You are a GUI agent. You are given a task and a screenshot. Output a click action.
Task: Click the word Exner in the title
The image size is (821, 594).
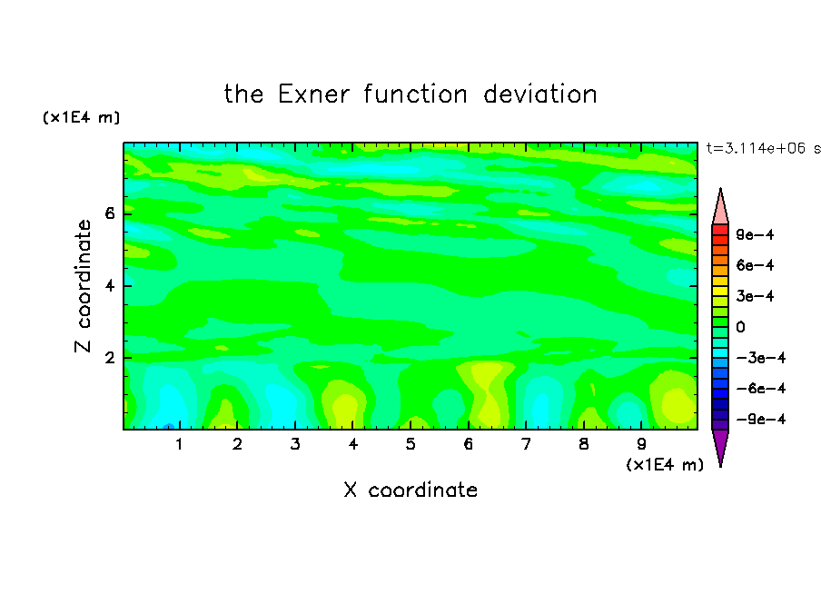tap(313, 94)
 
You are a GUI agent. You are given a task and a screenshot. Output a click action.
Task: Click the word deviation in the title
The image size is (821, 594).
tap(540, 94)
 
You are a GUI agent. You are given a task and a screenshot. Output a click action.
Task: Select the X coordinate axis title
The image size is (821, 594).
tap(410, 490)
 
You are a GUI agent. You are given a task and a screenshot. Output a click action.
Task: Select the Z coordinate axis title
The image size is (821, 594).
tap(84, 286)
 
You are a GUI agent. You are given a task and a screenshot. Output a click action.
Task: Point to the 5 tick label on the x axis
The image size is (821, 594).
tap(410, 444)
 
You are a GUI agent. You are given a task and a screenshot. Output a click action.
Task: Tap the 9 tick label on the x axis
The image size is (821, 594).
tap(641, 444)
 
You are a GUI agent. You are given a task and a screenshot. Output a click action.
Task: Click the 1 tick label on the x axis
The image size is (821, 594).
tap(180, 444)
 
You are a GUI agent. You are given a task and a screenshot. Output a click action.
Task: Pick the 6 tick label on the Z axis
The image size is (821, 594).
tap(109, 213)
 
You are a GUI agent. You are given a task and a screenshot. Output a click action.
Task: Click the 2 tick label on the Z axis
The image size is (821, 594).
tap(109, 358)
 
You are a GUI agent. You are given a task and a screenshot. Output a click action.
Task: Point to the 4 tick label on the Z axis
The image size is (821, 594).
tap(109, 286)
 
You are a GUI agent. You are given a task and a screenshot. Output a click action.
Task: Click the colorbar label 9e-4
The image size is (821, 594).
tap(755, 234)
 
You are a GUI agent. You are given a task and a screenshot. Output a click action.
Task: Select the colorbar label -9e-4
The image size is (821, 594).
tap(761, 419)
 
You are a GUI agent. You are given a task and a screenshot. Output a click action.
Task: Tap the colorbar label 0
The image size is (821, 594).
tap(740, 327)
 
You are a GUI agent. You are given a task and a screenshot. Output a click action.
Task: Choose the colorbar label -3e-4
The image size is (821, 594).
tap(761, 358)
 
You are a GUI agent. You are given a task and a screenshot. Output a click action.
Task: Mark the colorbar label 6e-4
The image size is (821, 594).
tap(755, 265)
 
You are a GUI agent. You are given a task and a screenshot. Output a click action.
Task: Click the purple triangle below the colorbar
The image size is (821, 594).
tap(720, 444)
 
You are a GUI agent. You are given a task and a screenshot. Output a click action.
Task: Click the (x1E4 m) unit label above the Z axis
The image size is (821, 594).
tap(81, 117)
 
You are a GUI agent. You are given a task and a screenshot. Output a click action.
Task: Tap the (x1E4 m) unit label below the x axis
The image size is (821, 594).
tap(665, 465)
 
